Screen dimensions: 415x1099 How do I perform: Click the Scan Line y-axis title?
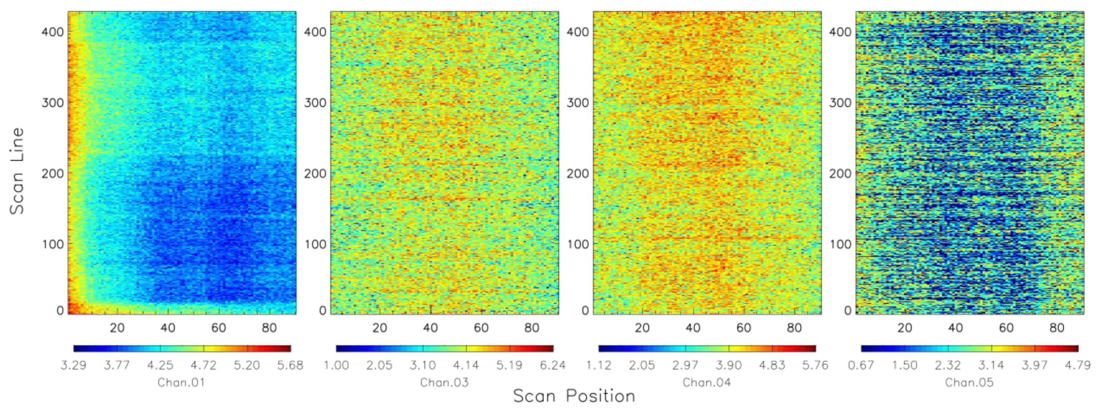[x=17, y=171]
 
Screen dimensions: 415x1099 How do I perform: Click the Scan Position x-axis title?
[x=574, y=396]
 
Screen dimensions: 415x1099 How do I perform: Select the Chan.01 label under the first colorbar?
[x=181, y=382]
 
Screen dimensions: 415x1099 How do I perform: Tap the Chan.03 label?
[x=444, y=382]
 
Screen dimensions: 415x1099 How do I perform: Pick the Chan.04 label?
[x=707, y=382]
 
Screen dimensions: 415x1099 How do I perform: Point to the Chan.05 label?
[x=969, y=382]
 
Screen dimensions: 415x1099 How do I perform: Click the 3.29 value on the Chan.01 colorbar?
[x=73, y=365]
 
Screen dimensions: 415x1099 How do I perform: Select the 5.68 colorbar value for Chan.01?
[x=290, y=365]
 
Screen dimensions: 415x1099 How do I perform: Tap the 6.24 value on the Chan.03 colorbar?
[x=553, y=365]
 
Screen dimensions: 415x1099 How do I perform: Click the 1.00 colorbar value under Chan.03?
[x=336, y=365]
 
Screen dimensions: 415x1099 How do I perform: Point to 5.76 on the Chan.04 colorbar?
[x=815, y=365]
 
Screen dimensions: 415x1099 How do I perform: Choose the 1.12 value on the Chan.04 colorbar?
[x=599, y=365]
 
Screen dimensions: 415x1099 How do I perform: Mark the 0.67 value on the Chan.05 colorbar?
[x=861, y=365]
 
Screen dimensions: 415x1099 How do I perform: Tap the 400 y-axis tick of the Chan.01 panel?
[x=53, y=32]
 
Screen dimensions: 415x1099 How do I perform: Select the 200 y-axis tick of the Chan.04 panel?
[x=578, y=174]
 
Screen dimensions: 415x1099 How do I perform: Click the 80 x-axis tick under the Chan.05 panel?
[x=1057, y=328]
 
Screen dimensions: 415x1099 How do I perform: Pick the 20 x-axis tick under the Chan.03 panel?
[x=380, y=328]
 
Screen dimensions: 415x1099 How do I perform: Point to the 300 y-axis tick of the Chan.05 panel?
[x=840, y=103]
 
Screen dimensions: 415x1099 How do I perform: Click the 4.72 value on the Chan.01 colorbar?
[x=204, y=365]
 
